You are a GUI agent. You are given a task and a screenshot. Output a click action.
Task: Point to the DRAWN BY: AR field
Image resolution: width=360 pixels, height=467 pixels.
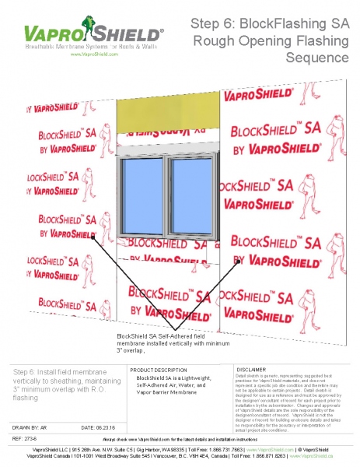point(30,427)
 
